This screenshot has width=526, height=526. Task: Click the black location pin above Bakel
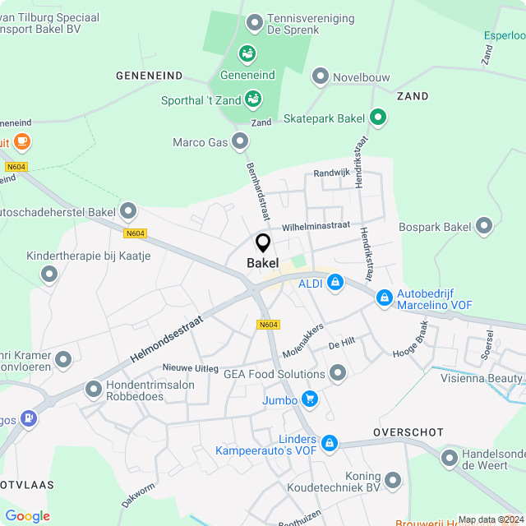[x=263, y=243]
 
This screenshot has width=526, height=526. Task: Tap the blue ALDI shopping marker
[x=335, y=284]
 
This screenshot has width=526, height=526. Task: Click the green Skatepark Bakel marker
[x=378, y=118]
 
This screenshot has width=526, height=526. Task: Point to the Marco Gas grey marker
[x=240, y=142]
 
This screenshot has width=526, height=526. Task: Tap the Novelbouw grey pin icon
[x=320, y=77]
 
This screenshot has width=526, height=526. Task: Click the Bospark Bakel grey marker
[x=484, y=225]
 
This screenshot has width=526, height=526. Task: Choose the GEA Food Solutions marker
[x=338, y=374]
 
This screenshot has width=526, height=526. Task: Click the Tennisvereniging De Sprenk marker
[x=255, y=22]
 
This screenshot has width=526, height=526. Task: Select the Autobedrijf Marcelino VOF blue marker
[x=384, y=298]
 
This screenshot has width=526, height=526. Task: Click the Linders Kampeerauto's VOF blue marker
[x=330, y=443]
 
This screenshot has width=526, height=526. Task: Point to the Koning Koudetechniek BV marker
[x=393, y=479]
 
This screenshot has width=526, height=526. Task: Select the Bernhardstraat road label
[x=257, y=191]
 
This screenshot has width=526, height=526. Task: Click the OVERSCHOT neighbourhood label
[x=408, y=432]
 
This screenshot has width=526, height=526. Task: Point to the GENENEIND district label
[x=149, y=76]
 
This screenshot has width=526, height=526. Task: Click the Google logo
[x=27, y=516]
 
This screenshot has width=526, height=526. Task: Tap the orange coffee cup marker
[x=21, y=141]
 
